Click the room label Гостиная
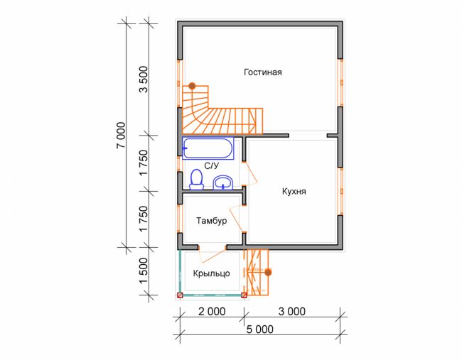click(262, 72)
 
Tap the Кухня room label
click(294, 191)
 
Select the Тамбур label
click(212, 221)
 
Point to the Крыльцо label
click(211, 273)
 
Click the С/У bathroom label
click(212, 166)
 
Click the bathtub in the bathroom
click(208, 148)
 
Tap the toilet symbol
click(196, 179)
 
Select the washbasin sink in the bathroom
click(223, 182)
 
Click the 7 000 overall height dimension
click(121, 135)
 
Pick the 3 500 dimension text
click(144, 80)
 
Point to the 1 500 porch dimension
click(144, 271)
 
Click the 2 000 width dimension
click(212, 312)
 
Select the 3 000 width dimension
click(292, 312)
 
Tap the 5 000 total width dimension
click(260, 329)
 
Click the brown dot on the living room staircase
click(192, 86)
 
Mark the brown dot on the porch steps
click(268, 272)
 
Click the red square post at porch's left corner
click(180, 295)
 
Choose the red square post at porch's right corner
click(244, 295)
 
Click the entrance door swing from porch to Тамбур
click(213, 256)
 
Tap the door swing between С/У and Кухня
click(250, 174)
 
